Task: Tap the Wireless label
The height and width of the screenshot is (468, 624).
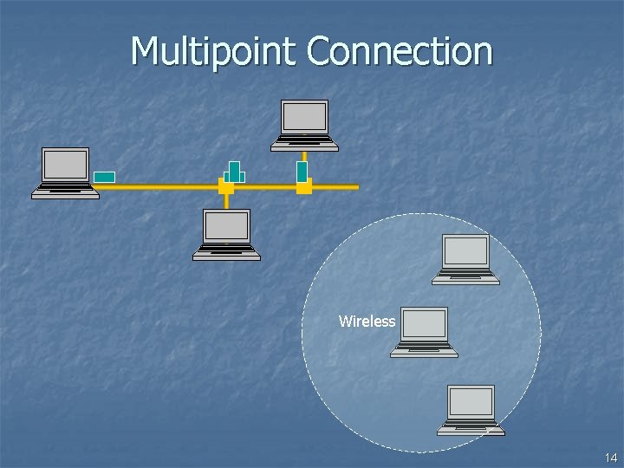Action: (367, 322)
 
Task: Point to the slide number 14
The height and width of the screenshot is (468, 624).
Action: (610, 457)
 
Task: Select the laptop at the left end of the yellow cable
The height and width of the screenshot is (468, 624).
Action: (66, 172)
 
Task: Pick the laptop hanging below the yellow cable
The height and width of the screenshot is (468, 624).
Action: (226, 235)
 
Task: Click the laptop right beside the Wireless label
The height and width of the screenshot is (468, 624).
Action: (425, 332)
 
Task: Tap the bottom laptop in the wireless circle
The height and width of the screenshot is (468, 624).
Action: (471, 410)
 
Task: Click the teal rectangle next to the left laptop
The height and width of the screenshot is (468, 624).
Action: (104, 177)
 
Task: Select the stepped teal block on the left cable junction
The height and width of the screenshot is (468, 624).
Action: (234, 172)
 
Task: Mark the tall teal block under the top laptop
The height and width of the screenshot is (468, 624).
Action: (302, 172)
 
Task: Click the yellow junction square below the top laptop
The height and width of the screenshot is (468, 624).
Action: (303, 186)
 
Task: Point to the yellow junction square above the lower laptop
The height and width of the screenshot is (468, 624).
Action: (226, 186)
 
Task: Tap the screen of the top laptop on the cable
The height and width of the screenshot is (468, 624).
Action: (305, 117)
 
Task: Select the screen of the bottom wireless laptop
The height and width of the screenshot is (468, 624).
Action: (471, 402)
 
